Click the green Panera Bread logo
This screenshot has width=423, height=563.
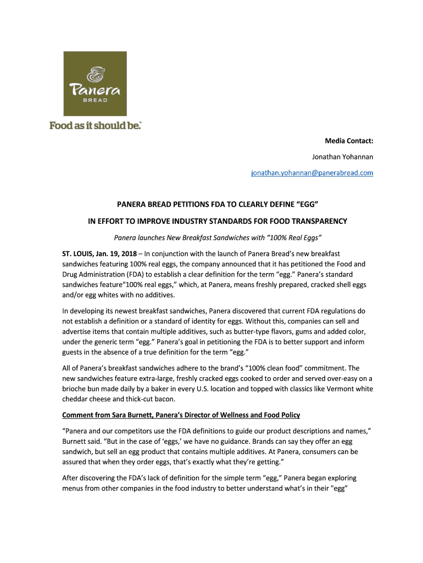click(95, 83)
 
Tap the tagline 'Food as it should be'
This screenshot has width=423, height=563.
click(95, 125)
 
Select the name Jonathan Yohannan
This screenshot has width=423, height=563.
click(342, 157)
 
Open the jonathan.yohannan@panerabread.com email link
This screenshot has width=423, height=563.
click(312, 173)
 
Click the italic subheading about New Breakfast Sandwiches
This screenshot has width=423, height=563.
click(217, 238)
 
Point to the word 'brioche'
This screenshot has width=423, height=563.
click(75, 389)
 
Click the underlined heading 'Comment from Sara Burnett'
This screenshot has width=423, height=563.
click(181, 415)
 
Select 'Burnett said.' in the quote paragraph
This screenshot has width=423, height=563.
click(82, 441)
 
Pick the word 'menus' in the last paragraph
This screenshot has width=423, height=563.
click(73, 488)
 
